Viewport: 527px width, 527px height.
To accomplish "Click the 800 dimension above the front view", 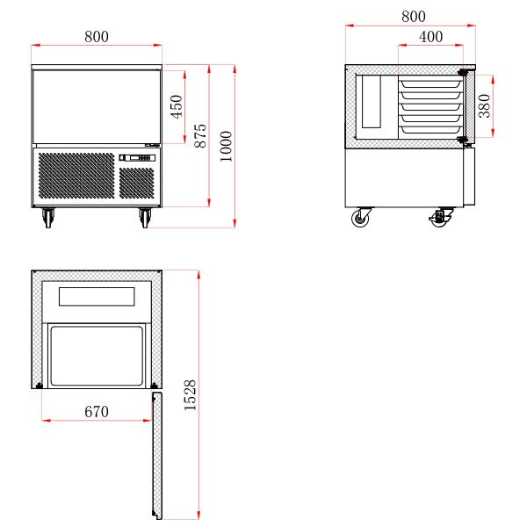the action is point(97,37).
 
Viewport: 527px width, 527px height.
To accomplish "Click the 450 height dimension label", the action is point(177,106).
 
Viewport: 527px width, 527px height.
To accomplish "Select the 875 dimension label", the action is point(200,136).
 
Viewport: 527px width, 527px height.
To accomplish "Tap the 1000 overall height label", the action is point(227,146).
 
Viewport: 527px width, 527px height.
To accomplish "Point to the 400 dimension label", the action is point(431,37).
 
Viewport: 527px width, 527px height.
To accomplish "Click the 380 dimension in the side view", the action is point(485,106).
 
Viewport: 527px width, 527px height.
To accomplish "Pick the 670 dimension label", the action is point(97,412).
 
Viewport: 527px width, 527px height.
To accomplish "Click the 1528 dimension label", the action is point(190,395).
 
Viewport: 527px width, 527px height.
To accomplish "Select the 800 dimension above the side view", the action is point(414,17).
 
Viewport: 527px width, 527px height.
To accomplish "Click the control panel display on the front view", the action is point(137,157).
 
